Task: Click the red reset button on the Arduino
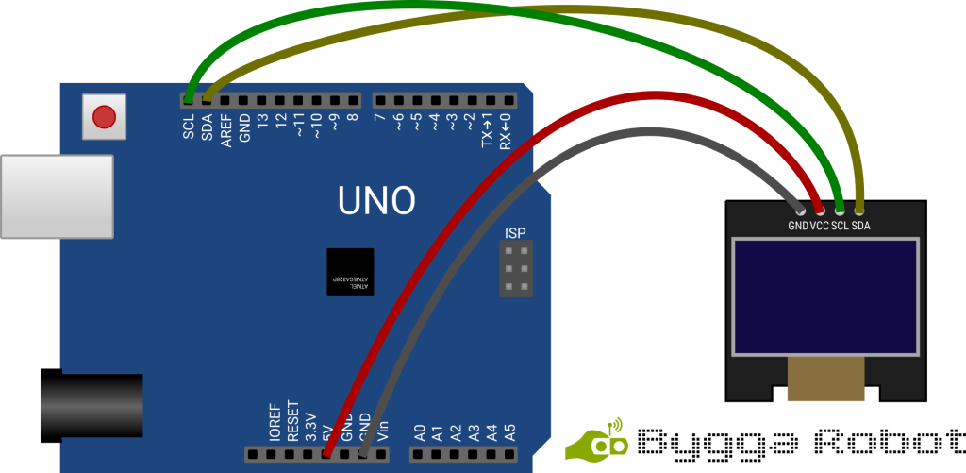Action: coord(104,117)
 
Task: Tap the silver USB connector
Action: coord(55,196)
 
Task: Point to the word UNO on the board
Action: coord(376,200)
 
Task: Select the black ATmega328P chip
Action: coord(350,272)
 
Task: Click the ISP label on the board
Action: coord(515,233)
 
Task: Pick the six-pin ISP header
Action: coord(515,269)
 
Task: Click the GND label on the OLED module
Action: coord(798,227)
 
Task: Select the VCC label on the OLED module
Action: coord(819,227)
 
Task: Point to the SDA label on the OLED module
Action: coord(860,227)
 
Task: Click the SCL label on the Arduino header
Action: coord(189,126)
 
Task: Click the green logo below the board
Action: coord(597,441)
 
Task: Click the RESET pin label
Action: coord(292,420)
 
